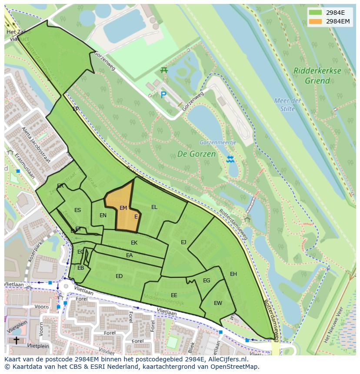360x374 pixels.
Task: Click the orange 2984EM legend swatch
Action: click(x=316, y=21)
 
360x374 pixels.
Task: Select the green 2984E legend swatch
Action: click(x=316, y=13)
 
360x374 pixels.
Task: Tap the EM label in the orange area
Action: click(x=123, y=208)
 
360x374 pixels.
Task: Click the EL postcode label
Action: click(x=154, y=207)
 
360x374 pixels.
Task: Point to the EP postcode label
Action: click(x=76, y=109)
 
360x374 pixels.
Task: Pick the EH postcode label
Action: click(x=233, y=274)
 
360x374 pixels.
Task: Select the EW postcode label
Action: click(x=218, y=303)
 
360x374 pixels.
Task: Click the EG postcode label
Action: click(x=207, y=281)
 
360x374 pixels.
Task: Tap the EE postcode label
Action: click(x=174, y=295)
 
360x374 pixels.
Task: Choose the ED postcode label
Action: click(x=119, y=276)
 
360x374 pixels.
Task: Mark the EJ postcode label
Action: click(x=183, y=242)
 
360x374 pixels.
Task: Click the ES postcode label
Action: click(x=77, y=210)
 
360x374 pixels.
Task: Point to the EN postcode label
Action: click(x=103, y=215)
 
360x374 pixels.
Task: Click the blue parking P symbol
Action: click(x=163, y=95)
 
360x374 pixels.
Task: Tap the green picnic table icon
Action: click(x=164, y=70)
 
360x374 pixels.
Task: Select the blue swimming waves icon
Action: click(x=230, y=159)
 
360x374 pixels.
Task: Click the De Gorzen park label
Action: click(x=196, y=154)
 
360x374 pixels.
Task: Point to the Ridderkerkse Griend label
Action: click(x=317, y=76)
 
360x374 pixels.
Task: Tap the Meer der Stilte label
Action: click(x=287, y=105)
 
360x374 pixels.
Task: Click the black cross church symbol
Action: click(x=16, y=340)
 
